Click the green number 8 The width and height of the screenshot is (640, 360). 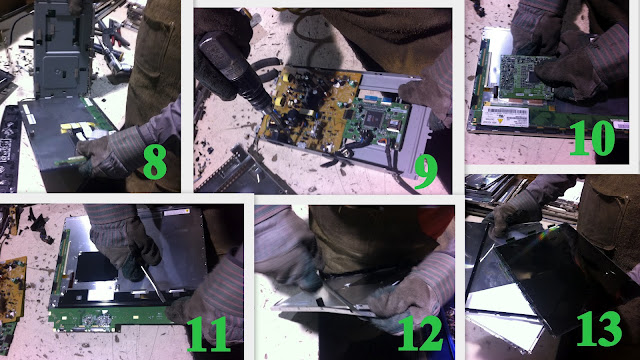pos(155,162)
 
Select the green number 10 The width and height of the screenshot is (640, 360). pos(592,138)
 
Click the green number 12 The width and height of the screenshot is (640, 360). pos(420,333)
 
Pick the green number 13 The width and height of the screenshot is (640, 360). pos(600,329)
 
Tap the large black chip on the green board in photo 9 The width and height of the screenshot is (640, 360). pos(376,118)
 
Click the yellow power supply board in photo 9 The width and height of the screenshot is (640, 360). pos(309,108)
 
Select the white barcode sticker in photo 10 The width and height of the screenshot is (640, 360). pos(504,116)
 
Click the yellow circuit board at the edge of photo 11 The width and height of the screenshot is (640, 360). pos(13,288)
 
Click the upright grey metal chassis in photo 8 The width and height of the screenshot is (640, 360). pos(62,49)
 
